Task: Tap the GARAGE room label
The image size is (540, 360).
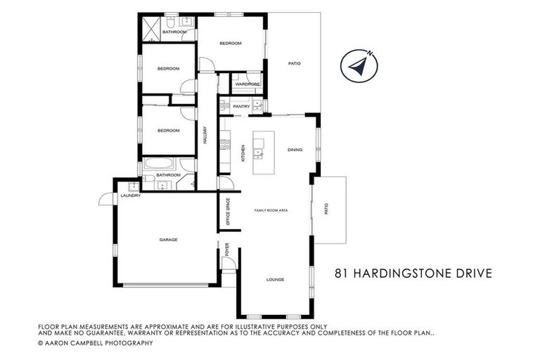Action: [x=168, y=240]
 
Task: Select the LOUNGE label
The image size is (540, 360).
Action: [x=275, y=279]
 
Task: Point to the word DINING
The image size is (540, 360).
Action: [x=295, y=150]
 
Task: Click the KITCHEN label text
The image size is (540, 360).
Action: [x=243, y=153]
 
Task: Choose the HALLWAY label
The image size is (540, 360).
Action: [x=205, y=134]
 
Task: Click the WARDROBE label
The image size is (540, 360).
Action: [x=247, y=84]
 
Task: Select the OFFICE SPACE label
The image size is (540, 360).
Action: [x=227, y=210]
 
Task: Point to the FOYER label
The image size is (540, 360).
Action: [x=227, y=250]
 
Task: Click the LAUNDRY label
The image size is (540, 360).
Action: [x=131, y=195]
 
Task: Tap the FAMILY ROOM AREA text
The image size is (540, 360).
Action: [x=271, y=210]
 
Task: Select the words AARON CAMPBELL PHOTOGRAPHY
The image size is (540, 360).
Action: [x=100, y=342]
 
